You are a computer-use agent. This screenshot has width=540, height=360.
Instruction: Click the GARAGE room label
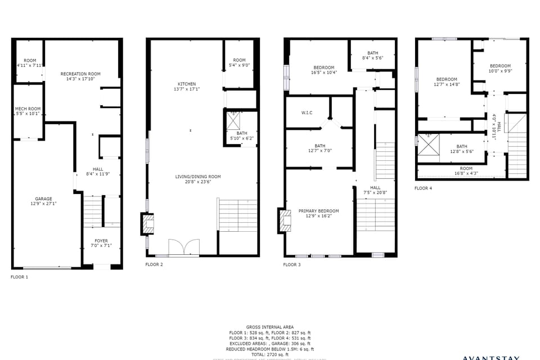(44, 201)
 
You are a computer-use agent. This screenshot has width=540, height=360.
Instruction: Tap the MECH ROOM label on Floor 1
(27, 111)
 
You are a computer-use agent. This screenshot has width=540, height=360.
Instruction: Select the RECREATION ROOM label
(80, 76)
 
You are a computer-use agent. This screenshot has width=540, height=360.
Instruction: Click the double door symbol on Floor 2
(184, 247)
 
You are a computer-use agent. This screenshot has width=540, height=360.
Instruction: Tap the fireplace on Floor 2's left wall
(147, 224)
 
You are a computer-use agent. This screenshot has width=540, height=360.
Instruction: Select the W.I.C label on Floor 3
(307, 112)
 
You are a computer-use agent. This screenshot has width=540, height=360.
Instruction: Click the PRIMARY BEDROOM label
(318, 213)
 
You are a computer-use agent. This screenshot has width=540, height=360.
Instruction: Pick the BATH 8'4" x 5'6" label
(372, 55)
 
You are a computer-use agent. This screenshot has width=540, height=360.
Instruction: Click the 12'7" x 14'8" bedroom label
(447, 82)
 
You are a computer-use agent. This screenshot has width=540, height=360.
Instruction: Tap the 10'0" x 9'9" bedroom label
(499, 68)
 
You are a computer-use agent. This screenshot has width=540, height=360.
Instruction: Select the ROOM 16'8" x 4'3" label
(466, 171)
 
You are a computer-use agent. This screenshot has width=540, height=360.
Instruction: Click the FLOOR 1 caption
(19, 277)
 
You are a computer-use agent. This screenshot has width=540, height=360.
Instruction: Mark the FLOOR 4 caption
(423, 188)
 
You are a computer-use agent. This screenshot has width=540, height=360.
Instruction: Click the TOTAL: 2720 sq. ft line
(270, 354)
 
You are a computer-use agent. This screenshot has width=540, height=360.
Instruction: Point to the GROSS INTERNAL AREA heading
(270, 327)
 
